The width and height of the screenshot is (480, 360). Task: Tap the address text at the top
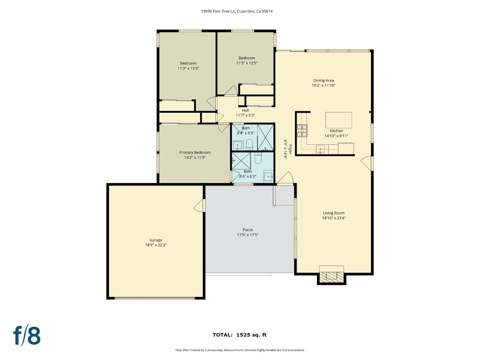(x=237, y=11)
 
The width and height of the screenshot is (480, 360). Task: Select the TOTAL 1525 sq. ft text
(x=240, y=335)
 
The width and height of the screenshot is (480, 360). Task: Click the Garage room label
(x=156, y=240)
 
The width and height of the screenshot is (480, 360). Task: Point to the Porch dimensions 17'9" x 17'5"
(x=248, y=235)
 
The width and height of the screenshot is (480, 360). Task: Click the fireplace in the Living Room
(x=331, y=275)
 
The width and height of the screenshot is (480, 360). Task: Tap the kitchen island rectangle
(x=338, y=120)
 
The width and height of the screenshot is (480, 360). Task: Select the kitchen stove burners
(x=302, y=131)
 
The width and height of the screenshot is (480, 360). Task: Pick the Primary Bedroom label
(x=195, y=153)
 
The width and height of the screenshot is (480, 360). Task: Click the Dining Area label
(x=323, y=80)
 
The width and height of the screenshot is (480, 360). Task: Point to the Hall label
(x=245, y=110)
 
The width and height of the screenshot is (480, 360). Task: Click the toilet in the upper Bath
(x=249, y=145)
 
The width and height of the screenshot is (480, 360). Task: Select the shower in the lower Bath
(x=241, y=161)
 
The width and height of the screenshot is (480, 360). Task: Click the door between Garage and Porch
(x=199, y=206)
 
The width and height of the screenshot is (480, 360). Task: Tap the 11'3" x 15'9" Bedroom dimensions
(x=188, y=68)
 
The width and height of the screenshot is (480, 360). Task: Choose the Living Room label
(x=334, y=213)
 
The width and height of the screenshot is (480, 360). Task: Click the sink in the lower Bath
(x=268, y=176)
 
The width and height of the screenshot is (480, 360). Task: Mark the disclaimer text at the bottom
(x=240, y=350)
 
